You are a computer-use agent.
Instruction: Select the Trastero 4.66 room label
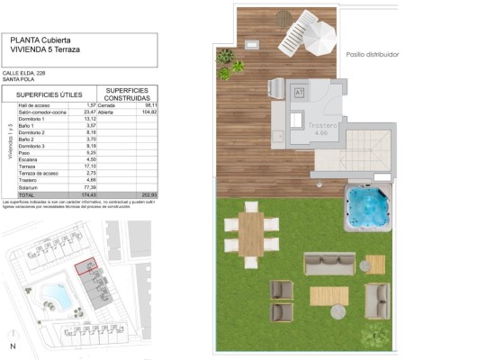point(321,129)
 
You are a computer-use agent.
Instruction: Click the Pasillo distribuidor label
point(372,55)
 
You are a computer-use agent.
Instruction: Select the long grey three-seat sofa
point(329,263)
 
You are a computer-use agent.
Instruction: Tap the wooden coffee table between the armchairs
point(328,295)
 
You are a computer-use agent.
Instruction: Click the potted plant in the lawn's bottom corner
point(375,337)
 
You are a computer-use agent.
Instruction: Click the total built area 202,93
point(148,194)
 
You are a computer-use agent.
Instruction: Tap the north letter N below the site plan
point(13,346)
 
